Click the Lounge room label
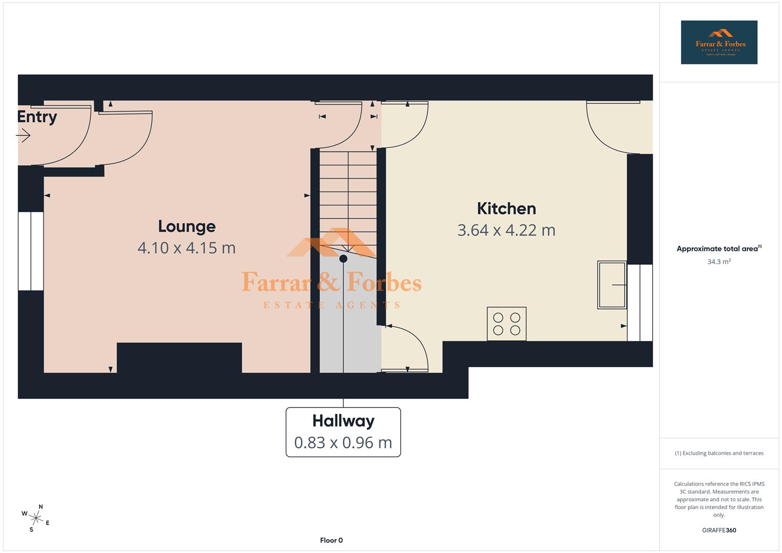(x=186, y=226)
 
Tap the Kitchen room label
(x=506, y=208)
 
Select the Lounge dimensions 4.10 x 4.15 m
(x=186, y=248)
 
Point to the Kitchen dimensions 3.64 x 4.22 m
(x=506, y=230)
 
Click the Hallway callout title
(x=343, y=421)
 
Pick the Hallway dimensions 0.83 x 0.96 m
(x=343, y=442)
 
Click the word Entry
(x=37, y=117)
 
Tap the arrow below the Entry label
(x=23, y=136)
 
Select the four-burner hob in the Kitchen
(x=506, y=324)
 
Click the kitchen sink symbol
(x=611, y=285)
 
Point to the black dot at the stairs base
(x=343, y=259)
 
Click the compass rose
(x=36, y=518)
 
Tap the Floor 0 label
(x=331, y=540)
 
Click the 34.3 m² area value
(x=719, y=262)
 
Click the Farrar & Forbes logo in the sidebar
(x=719, y=42)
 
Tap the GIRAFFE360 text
(x=719, y=530)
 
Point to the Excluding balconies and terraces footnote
(x=719, y=453)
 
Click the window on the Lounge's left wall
(x=31, y=251)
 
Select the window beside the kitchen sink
(x=640, y=303)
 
